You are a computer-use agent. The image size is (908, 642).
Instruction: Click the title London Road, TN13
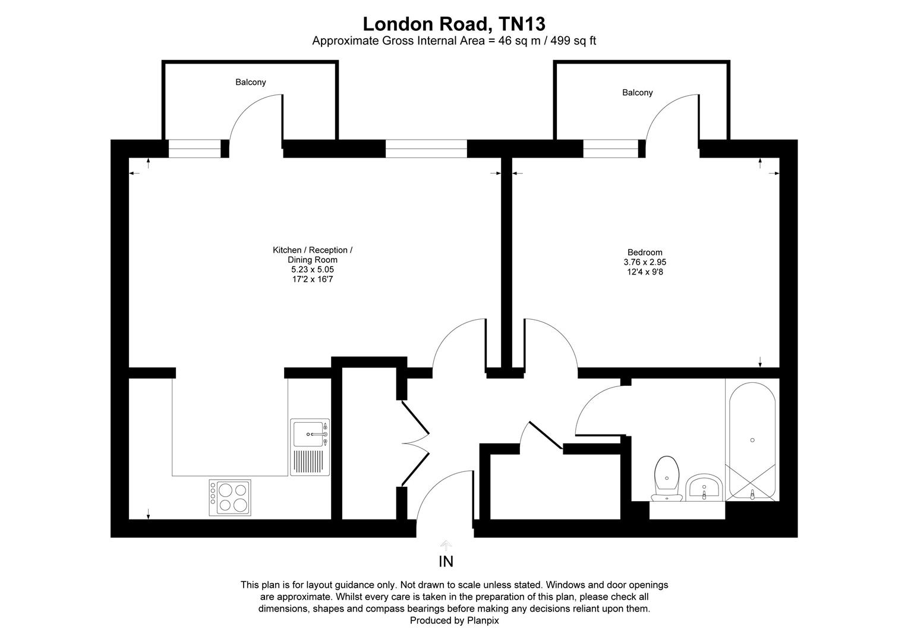click(x=454, y=24)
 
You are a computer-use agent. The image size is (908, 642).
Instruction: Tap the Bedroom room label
click(x=645, y=252)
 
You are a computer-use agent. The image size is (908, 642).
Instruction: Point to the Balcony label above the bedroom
click(x=637, y=93)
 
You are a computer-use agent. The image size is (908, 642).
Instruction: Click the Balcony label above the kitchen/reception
click(x=250, y=83)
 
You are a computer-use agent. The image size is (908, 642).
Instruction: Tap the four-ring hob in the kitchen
click(x=230, y=498)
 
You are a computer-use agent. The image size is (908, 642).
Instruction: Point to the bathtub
click(x=752, y=440)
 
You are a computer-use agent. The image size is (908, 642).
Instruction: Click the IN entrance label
click(x=446, y=561)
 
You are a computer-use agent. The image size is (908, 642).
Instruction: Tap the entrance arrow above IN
click(x=446, y=545)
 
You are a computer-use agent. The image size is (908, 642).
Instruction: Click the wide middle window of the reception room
click(x=426, y=149)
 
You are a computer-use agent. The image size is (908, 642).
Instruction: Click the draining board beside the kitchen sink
click(x=308, y=461)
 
